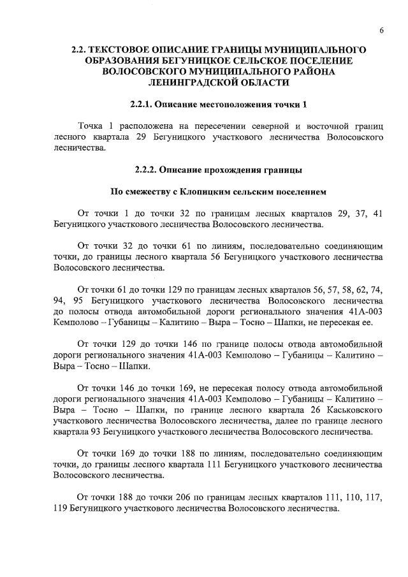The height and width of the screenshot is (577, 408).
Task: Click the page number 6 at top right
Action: tap(381, 31)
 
